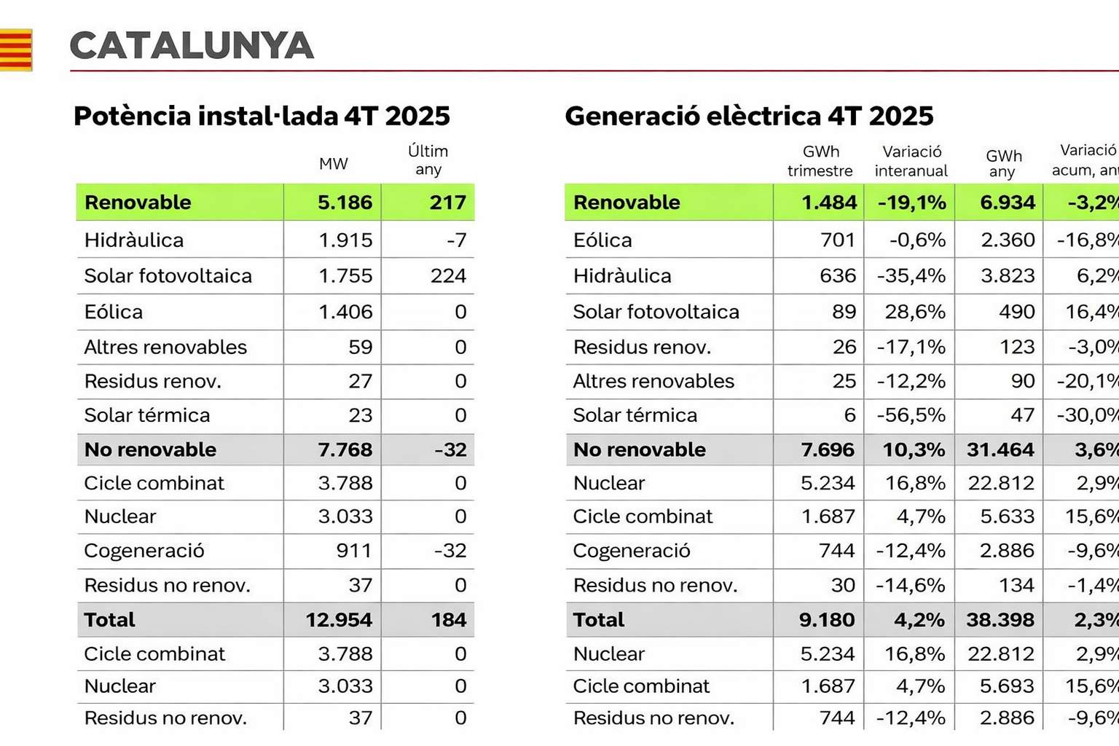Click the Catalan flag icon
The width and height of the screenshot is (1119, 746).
click(15, 50)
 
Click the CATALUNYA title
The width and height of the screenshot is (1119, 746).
click(192, 46)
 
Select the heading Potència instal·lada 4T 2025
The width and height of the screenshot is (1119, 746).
click(262, 116)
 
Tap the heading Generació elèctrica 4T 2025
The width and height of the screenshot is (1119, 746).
click(749, 116)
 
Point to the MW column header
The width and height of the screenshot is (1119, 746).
click(334, 164)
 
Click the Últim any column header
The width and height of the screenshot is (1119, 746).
click(428, 160)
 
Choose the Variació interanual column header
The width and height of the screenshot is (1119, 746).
click(911, 161)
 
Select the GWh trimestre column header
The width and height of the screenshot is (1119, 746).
click(820, 161)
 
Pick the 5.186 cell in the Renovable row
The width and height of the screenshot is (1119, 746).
click(345, 203)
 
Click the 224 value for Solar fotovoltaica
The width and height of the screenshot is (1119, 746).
click(448, 276)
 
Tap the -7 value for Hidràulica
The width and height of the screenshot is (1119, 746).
click(457, 240)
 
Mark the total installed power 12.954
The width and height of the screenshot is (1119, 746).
click(339, 620)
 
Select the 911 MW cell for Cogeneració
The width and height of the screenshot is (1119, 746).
click(354, 551)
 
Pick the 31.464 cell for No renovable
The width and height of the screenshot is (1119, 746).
click(1000, 450)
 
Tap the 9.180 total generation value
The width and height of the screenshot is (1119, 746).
click(826, 620)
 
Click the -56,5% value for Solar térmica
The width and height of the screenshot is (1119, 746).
click(911, 415)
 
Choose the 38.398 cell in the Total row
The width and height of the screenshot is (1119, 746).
click(1000, 620)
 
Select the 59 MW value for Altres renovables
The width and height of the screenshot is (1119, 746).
click(360, 347)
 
